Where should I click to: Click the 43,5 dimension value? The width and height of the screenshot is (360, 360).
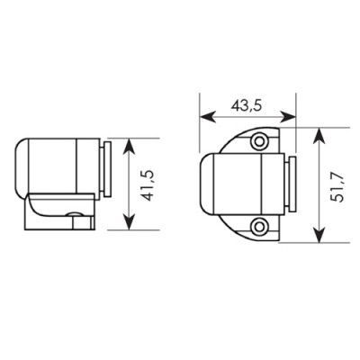pos(247,106)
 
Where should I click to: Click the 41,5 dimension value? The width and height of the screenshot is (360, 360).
pos(148,185)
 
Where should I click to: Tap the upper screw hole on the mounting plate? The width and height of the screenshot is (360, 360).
pos(259,140)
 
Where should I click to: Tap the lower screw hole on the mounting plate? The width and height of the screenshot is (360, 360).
pos(257,226)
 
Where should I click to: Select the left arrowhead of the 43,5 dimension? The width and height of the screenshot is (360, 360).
pos(208,117)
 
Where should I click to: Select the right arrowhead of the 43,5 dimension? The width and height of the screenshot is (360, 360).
pos(288,117)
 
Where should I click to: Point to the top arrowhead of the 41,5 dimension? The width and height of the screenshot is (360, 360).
pos(129,146)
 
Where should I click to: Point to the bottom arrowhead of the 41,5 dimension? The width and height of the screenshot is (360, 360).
pos(129,222)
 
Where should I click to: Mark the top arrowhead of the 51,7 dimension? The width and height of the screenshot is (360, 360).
pos(319,136)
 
